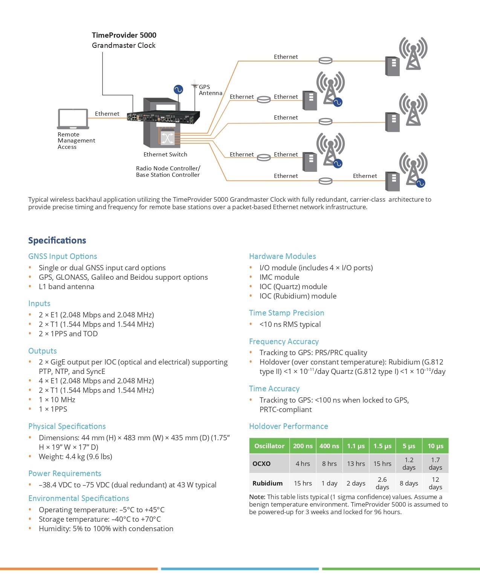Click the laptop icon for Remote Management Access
pos(73,119)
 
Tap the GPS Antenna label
pos(210,90)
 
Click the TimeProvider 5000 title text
pos(124,35)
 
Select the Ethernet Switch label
pos(165,154)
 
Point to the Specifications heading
pos(57,240)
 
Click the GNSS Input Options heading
pos(63,256)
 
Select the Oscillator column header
pos(269,446)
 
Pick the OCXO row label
pos(261,464)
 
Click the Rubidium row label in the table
pos(267,483)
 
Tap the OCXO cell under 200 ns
pos(303,464)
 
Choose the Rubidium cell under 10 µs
pos(435,483)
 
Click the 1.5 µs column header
pos(382,446)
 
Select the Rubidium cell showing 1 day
pos(329,483)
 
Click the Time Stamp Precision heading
pos(286,313)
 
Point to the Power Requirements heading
pos(64,473)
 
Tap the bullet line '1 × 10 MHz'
pos(57,400)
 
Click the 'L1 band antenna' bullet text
pos(66,286)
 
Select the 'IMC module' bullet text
pos(279,277)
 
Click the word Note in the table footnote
pos(257,497)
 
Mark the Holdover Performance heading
pos(288,426)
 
